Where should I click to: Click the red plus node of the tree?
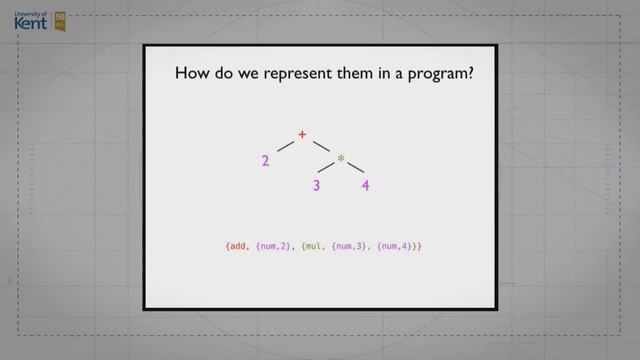click(302, 134)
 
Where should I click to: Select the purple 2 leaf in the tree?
click(266, 160)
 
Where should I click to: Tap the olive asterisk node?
click(340, 159)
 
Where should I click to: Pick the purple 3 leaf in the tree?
click(315, 185)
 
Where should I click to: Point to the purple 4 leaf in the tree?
click(366, 185)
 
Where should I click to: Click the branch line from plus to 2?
click(285, 147)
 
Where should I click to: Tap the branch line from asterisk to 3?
click(326, 172)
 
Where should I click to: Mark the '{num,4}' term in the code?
click(397, 245)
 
